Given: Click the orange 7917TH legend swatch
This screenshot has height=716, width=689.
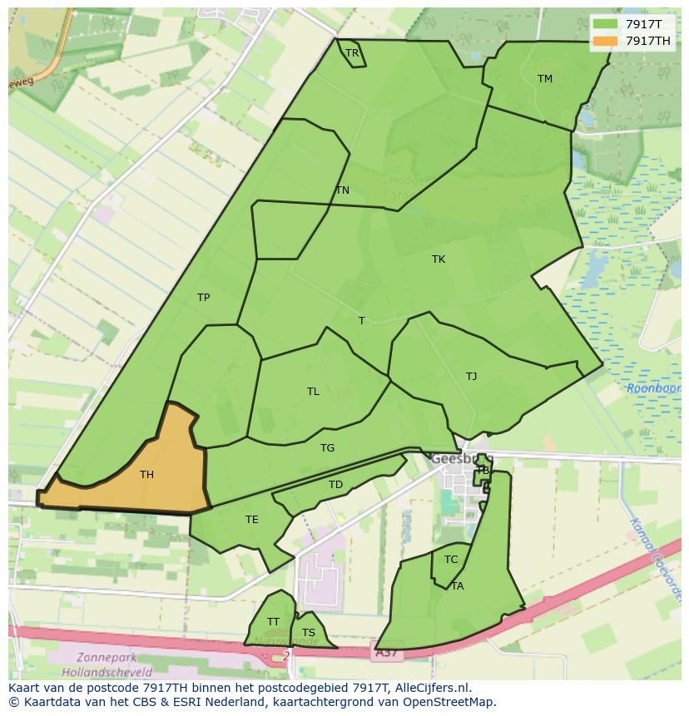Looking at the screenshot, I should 606,41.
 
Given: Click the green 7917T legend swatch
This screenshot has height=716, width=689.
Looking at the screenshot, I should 606,24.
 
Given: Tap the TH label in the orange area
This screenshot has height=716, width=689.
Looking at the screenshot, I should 146,475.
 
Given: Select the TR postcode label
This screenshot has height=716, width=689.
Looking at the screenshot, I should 352,53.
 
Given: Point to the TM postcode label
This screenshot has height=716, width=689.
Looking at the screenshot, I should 545,79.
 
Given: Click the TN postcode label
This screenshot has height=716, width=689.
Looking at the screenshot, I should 342,190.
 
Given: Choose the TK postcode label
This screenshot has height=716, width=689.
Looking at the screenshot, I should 439,259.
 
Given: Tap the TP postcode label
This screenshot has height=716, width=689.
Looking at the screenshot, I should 203,298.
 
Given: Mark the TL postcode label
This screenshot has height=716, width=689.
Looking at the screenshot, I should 313,392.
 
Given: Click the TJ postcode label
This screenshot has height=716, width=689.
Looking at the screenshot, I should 472,377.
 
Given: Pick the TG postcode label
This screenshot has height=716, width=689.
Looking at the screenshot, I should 328,448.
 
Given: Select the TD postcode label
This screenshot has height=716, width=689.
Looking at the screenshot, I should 335,485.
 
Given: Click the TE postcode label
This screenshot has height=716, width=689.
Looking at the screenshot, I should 252,520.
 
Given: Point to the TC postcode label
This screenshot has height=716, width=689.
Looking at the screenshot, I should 451,560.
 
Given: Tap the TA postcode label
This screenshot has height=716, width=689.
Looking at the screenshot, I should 458,586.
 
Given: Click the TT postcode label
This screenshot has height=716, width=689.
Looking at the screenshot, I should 273,622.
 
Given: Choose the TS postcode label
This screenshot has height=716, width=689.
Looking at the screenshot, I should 309,633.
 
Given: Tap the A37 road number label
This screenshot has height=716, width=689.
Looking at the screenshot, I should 385,654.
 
